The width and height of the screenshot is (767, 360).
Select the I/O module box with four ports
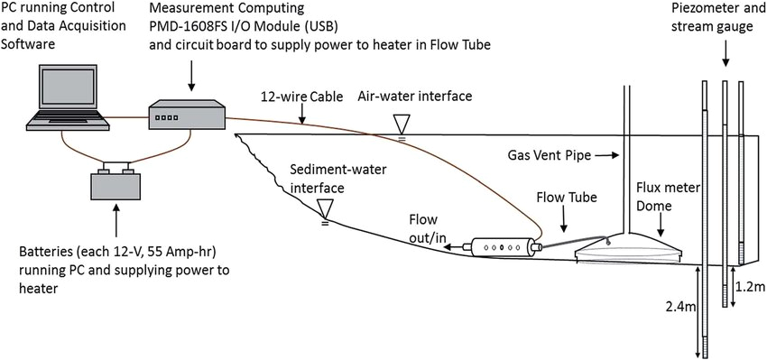[x=187, y=117]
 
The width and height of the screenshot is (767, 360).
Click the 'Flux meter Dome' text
[x=667, y=195]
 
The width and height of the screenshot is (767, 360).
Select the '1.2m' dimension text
[x=753, y=288]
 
